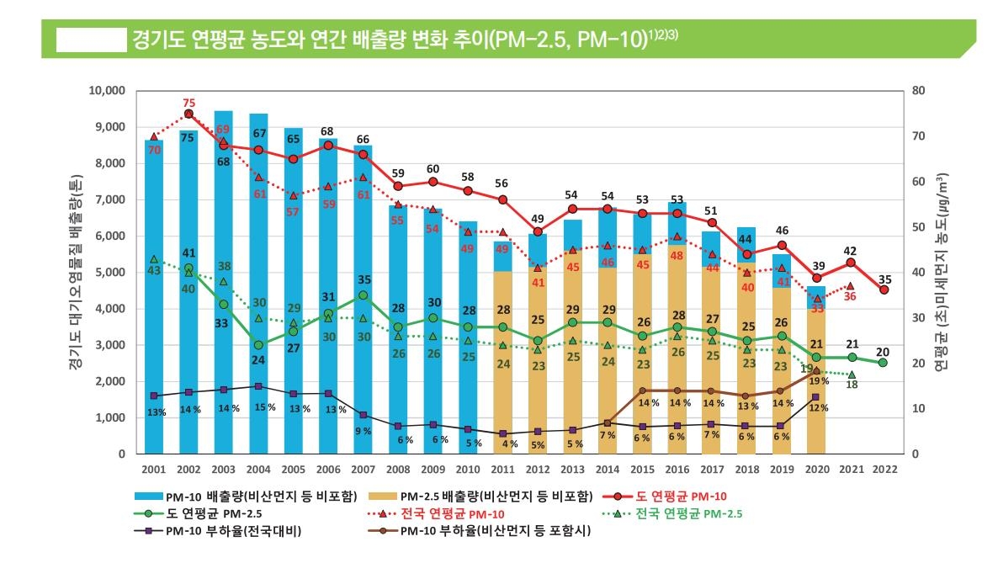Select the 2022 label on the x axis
click(x=884, y=468)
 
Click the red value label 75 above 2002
click(x=188, y=103)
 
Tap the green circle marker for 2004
click(x=258, y=345)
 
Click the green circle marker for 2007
click(x=363, y=295)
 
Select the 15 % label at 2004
click(x=260, y=408)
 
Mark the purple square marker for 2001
click(x=154, y=396)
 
